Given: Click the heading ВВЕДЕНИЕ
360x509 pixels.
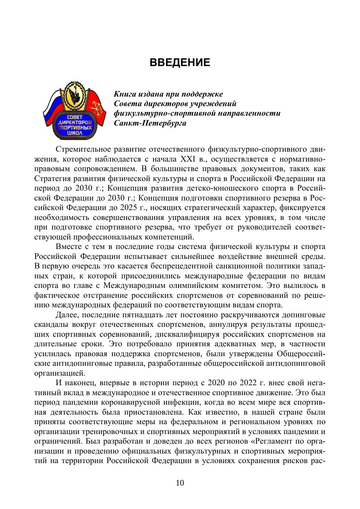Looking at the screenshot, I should [x=180, y=62].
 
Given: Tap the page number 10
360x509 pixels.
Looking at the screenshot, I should [x=180, y=483].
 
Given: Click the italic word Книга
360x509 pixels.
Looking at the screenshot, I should [x=125, y=94].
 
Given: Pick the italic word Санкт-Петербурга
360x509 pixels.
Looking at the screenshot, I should [x=150, y=123].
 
